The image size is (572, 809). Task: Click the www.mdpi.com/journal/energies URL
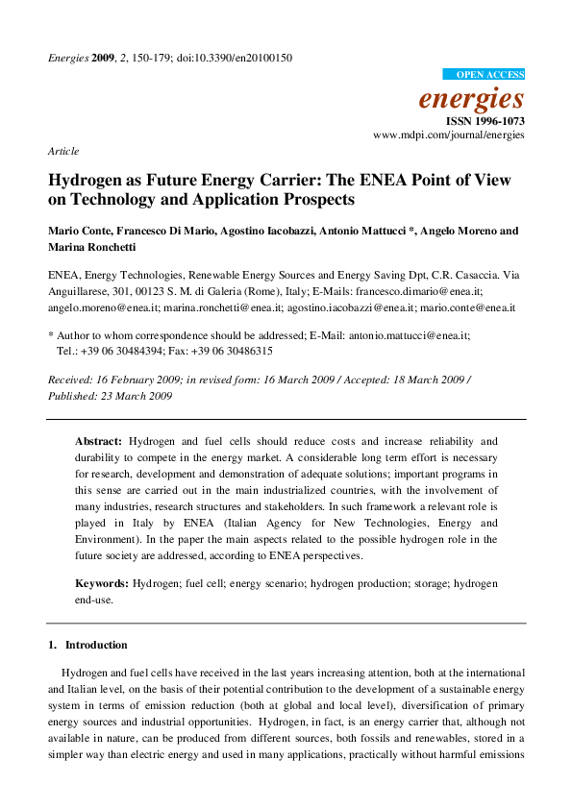(x=449, y=136)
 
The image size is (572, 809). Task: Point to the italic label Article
(x=63, y=151)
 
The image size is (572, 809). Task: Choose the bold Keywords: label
(x=102, y=583)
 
